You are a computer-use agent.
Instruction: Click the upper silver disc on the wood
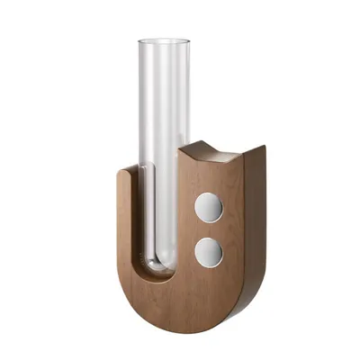coord(209,208)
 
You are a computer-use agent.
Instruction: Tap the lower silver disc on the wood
coord(209,251)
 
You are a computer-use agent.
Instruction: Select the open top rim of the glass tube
coord(164,40)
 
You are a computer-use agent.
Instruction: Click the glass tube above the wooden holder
coord(164,108)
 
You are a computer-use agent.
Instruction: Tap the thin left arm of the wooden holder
coord(127,225)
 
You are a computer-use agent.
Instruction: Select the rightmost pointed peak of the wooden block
coord(263,146)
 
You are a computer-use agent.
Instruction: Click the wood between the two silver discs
coord(209,229)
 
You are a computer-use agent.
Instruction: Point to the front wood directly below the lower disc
coord(209,288)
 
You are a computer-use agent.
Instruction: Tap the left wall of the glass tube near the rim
coord(140,63)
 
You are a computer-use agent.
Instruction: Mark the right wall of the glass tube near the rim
coord(187,63)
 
